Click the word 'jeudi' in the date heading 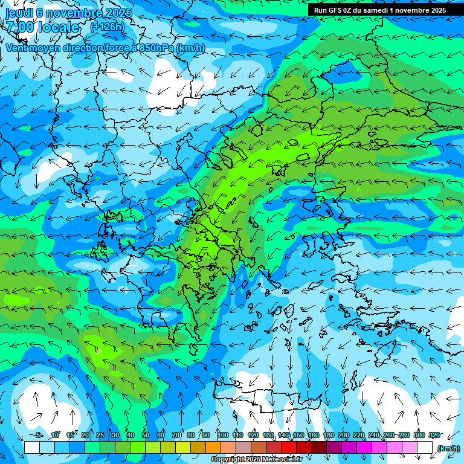19,13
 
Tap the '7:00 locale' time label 43,27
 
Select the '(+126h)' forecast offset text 107,27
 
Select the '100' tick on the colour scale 223,435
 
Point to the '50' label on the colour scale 146,435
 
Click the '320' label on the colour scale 434,435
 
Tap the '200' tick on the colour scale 344,435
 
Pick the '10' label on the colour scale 55,435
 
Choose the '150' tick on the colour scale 298,435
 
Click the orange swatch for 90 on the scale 213,448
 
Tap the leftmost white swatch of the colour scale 32,448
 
